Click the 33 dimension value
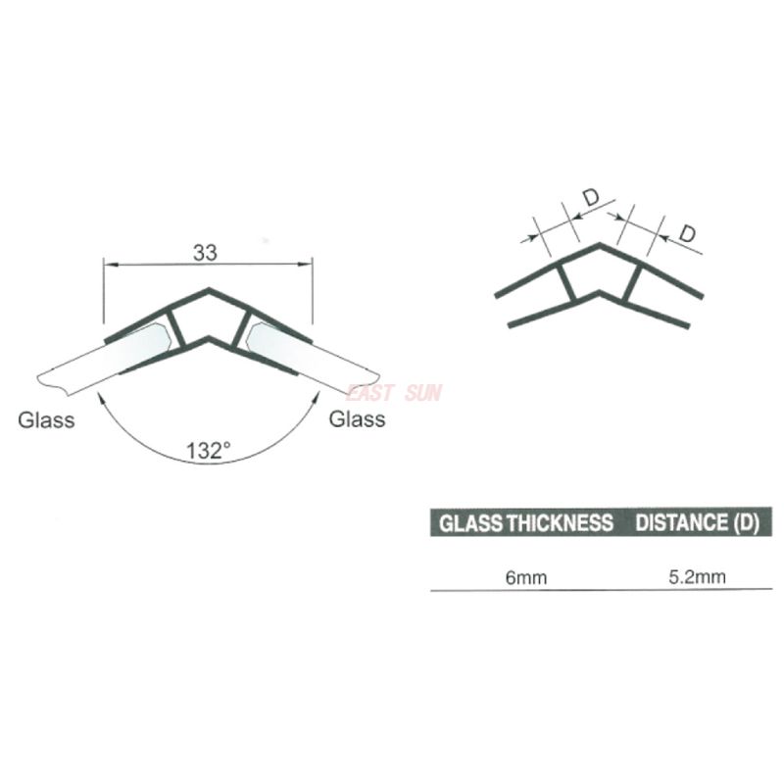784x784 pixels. tap(204, 252)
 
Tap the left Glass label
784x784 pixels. tap(47, 421)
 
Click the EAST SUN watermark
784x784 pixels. tap(394, 394)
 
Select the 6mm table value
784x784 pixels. tap(526, 577)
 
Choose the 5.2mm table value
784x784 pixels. tap(697, 576)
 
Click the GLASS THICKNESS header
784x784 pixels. tap(526, 521)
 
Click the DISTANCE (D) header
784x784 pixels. tap(697, 521)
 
